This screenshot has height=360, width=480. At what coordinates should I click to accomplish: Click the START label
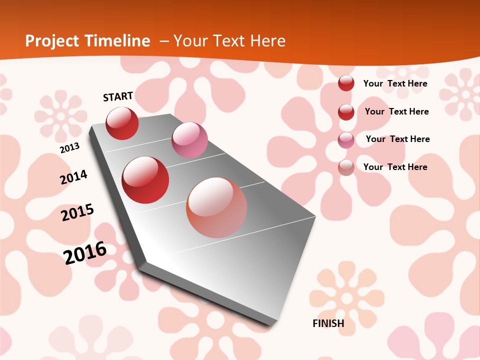pos(118,96)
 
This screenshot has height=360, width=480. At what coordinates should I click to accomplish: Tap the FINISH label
pos(328,323)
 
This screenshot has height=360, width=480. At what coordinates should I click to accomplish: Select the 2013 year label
pos(69,148)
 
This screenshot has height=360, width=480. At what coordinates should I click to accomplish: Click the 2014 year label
pos(73,177)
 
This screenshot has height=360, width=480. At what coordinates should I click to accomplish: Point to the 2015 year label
pos(77,212)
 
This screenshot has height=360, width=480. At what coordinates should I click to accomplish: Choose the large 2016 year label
pos(85,252)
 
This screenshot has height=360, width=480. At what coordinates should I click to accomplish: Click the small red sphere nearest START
pos(122,123)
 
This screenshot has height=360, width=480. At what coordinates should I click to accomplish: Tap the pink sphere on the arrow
pos(189,140)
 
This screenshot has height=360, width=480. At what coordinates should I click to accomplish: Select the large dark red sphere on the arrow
pos(145,180)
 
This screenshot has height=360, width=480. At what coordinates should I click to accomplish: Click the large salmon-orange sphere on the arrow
pos(216,207)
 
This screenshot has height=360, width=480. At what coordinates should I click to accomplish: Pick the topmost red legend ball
pos(346,83)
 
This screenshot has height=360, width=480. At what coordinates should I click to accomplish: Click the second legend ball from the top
pos(346,112)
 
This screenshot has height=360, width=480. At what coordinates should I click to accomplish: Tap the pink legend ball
pos(346,140)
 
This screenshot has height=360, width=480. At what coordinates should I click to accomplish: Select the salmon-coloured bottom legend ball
pos(346,167)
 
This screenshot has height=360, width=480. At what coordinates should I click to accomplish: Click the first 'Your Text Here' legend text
pos(395,83)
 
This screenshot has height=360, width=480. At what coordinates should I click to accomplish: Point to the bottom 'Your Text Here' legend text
pos(395,167)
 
